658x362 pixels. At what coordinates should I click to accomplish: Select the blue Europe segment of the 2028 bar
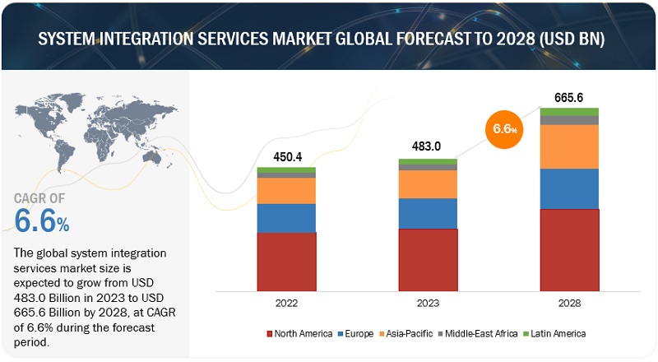[x=569, y=188]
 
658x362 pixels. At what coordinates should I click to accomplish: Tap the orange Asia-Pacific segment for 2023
[x=428, y=184]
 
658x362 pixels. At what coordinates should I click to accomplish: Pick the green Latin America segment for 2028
[x=569, y=111]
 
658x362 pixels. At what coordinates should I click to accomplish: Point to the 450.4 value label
[x=287, y=157]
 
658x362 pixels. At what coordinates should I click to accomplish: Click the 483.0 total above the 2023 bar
[x=428, y=149]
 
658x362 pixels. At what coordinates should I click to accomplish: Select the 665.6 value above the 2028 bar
[x=569, y=97]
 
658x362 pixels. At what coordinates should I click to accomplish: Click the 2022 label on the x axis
[x=286, y=303]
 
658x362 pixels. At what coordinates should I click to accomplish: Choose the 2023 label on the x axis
[x=428, y=303]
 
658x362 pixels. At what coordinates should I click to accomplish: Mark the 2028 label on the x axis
[x=569, y=303]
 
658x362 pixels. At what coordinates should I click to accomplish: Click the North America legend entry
[x=299, y=333]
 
